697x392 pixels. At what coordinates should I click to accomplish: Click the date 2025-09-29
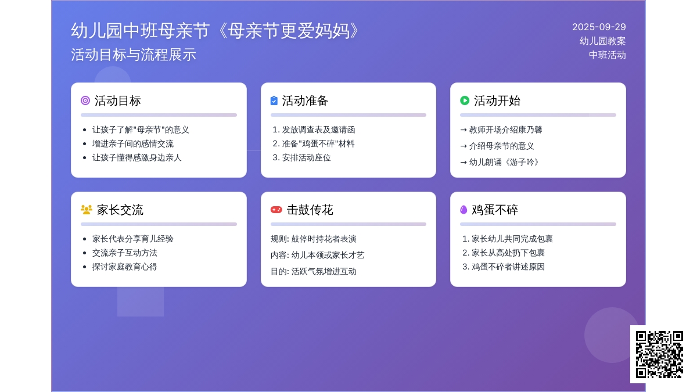pyautogui.click(x=599, y=27)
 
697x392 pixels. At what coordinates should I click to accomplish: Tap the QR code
pyautogui.click(x=659, y=354)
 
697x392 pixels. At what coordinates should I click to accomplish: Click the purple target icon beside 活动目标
pyautogui.click(x=85, y=100)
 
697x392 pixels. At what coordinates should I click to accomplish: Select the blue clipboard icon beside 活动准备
pyautogui.click(x=274, y=100)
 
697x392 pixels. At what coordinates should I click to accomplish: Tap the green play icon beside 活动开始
pyautogui.click(x=465, y=100)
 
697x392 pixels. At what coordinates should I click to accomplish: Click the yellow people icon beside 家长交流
pyautogui.click(x=86, y=210)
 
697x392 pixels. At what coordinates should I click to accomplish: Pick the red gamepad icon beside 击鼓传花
pyautogui.click(x=276, y=210)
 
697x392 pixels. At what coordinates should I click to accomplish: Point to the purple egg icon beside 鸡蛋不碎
pyautogui.click(x=464, y=210)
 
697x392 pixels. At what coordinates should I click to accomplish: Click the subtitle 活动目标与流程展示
pyautogui.click(x=134, y=55)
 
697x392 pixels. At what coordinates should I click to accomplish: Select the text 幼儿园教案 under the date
pyautogui.click(x=603, y=41)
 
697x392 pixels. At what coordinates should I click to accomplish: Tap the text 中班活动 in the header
pyautogui.click(x=608, y=55)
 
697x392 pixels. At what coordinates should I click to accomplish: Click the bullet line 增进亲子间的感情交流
pyautogui.click(x=133, y=144)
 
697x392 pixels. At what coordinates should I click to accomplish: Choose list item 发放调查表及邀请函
pyautogui.click(x=318, y=130)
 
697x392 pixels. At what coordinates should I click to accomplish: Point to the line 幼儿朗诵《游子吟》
pyautogui.click(x=504, y=162)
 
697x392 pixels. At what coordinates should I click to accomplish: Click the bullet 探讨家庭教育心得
pyautogui.click(x=124, y=267)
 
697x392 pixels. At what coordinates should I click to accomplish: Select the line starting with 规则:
pyautogui.click(x=313, y=239)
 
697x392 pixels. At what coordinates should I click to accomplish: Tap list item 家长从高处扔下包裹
pyautogui.click(x=508, y=253)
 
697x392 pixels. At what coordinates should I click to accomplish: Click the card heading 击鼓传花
pyautogui.click(x=310, y=210)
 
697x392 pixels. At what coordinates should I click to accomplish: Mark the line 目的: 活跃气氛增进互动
pyautogui.click(x=313, y=271)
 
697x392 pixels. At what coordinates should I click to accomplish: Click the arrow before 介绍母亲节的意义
pyautogui.click(x=464, y=146)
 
